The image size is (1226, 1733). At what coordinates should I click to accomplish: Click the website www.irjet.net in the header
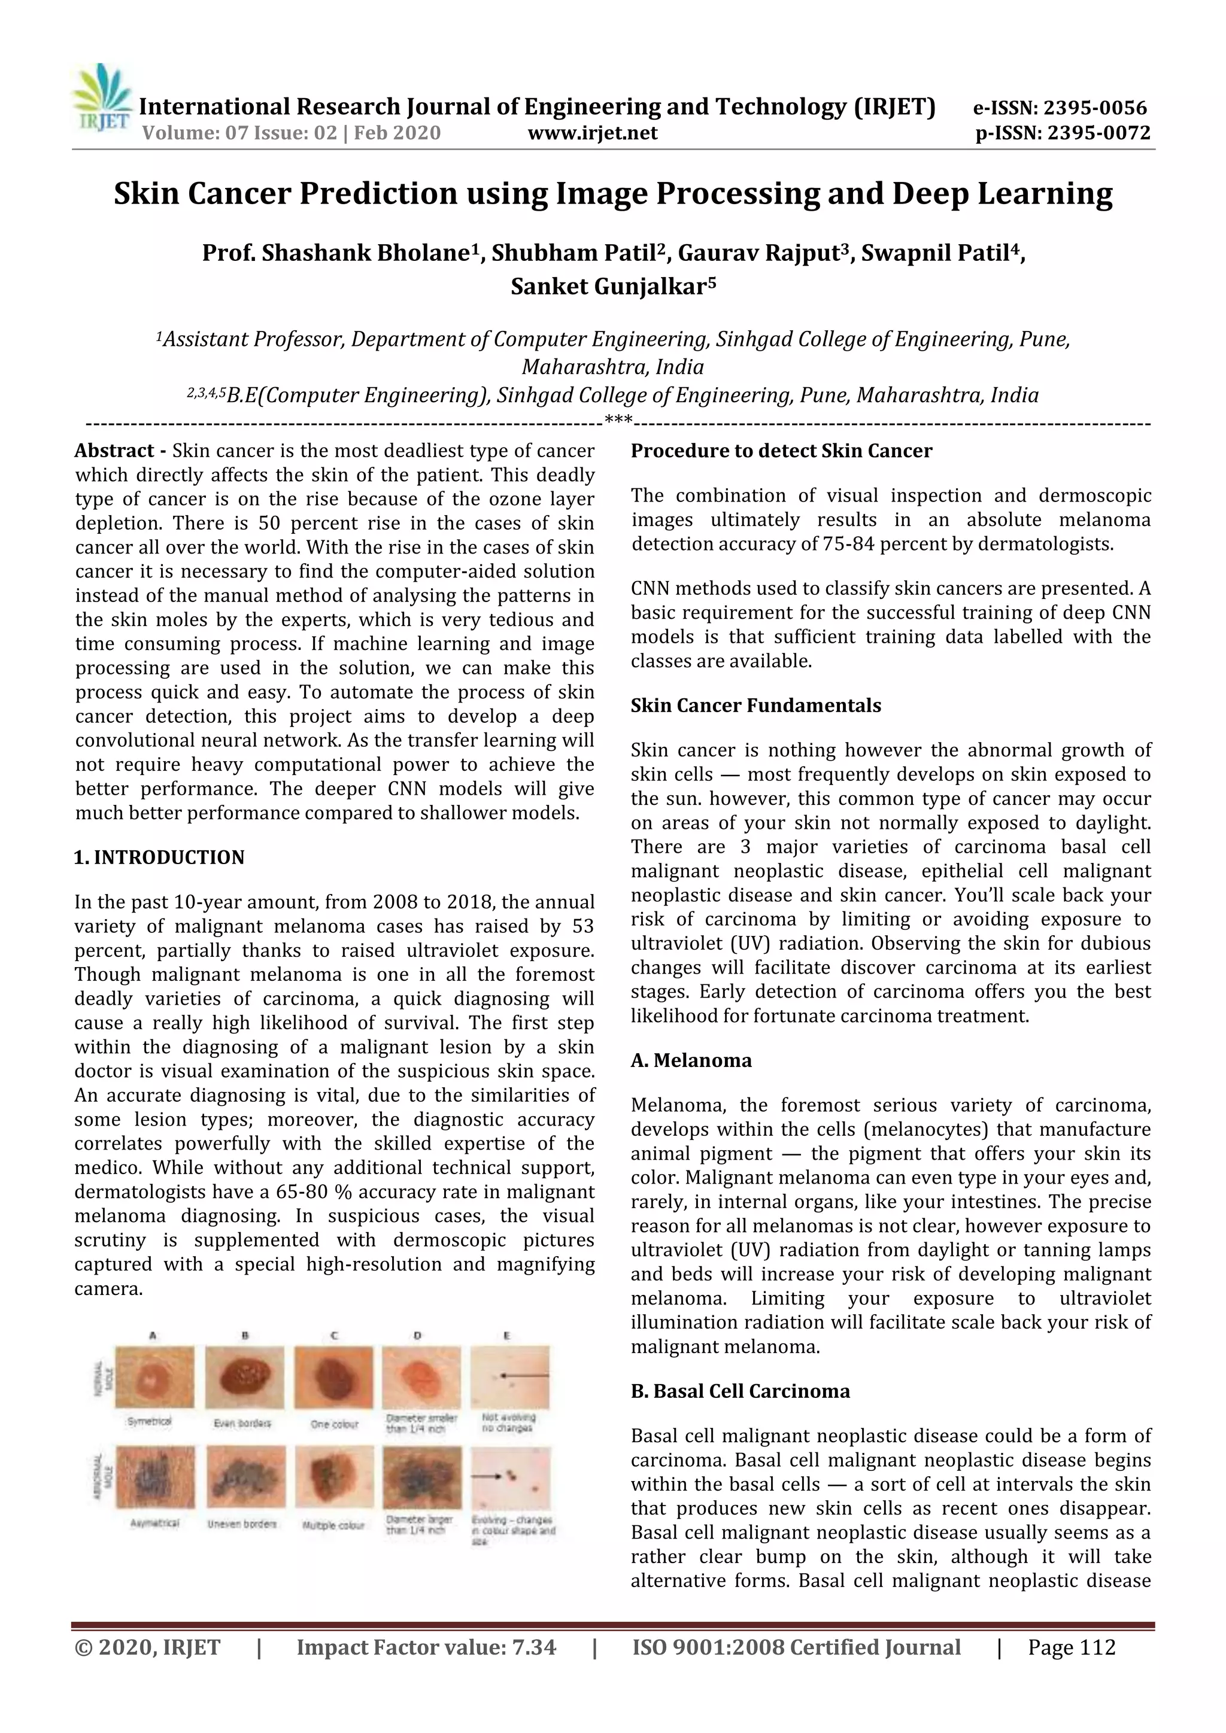point(592,133)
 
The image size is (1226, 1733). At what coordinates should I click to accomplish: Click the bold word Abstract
point(114,451)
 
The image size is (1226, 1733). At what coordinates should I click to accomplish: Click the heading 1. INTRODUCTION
point(159,858)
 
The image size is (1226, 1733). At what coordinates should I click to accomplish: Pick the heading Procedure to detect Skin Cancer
point(781,451)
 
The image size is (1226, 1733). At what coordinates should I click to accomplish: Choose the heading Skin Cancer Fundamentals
point(755,705)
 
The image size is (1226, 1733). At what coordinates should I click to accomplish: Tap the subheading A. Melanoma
point(691,1060)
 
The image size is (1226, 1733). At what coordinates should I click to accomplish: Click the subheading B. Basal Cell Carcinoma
point(740,1391)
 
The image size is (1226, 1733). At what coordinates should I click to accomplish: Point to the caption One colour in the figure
point(335,1424)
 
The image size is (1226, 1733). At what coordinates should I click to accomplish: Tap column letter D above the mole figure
point(417,1335)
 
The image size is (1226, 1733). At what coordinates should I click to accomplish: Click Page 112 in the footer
point(1071,1647)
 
